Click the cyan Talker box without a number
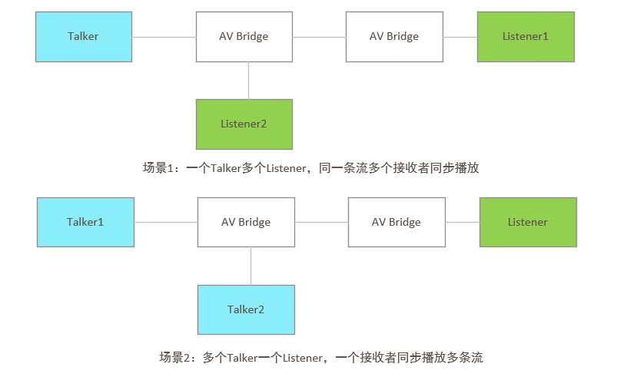pos(83,37)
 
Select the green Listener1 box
pos(526,37)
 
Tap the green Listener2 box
pos(244,124)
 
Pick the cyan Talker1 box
pos(85,223)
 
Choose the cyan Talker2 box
pos(246,309)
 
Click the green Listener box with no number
pos(528,223)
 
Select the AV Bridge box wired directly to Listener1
pos(394,37)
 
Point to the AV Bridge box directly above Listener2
pos(244,37)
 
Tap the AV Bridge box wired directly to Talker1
pos(246,223)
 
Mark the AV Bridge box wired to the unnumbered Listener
pos(396,223)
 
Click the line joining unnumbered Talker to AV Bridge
pos(164,37)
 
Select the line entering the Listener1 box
pos(460,37)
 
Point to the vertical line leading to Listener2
pos(248,81)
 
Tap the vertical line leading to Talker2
pos(250,266)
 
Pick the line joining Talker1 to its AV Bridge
pos(166,223)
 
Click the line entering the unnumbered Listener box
pos(463,223)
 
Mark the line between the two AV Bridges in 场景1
pos(319,37)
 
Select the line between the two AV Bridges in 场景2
pos(321,223)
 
